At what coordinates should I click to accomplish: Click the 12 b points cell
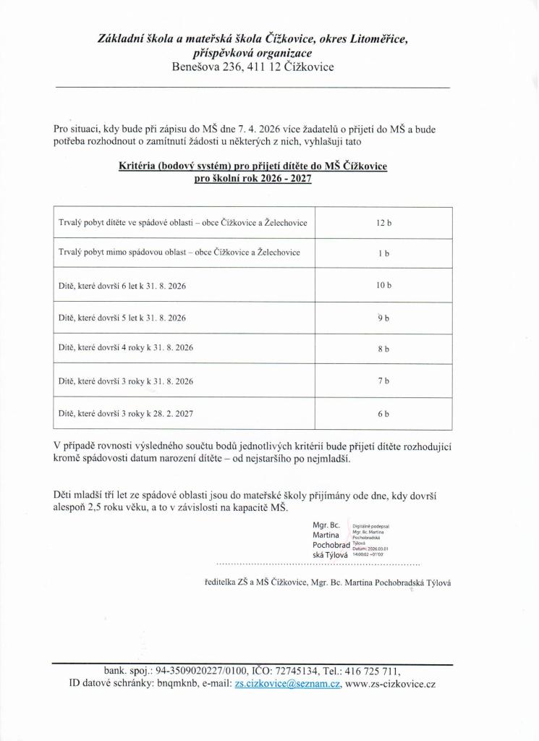(383, 223)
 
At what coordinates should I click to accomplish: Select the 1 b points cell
(383, 254)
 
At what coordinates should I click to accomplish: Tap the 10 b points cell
(383, 286)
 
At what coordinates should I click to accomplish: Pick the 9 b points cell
(383, 318)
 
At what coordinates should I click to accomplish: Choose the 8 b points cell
(383, 349)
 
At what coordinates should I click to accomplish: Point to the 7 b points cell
(383, 381)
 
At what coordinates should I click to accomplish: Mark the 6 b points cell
(383, 414)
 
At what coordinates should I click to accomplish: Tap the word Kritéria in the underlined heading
(140, 166)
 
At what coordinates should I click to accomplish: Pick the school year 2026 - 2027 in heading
(279, 179)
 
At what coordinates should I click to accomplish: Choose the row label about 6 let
(122, 286)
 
